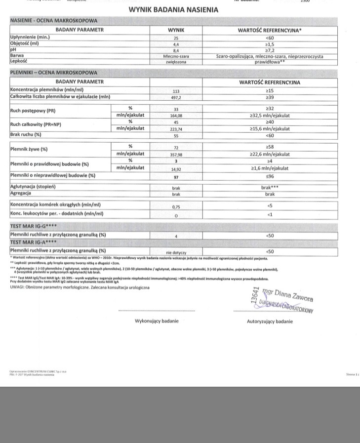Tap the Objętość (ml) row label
25,44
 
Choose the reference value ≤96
270,175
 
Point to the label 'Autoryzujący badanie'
270,322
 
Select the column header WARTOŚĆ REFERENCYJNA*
270,30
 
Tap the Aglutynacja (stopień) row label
33,187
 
